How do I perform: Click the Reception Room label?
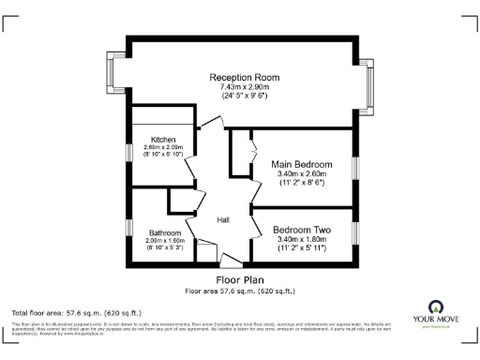(245, 77)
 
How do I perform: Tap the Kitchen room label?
(150, 140)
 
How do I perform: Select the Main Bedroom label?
(300, 163)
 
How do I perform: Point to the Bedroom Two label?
(301, 230)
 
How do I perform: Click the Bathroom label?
(164, 232)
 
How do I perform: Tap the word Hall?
(224, 220)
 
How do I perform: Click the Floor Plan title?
(240, 279)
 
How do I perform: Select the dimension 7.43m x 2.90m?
(245, 86)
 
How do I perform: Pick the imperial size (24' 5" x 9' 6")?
(245, 96)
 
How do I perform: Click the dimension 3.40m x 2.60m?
(300, 173)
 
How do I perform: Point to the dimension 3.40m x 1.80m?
(301, 239)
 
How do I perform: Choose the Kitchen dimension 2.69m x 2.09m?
(150, 147)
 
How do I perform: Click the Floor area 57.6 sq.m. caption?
(240, 291)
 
